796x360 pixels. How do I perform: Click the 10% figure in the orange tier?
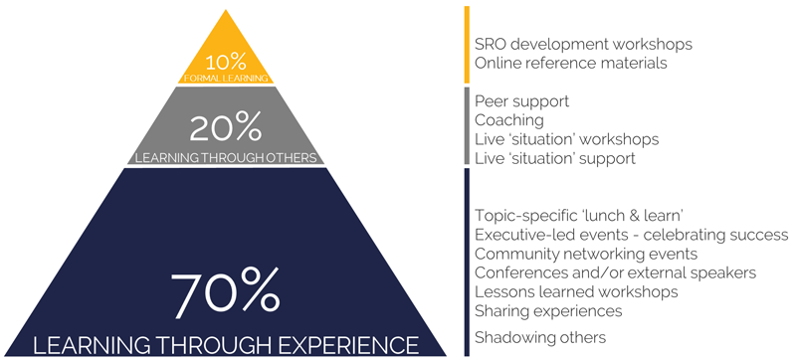pos(227,59)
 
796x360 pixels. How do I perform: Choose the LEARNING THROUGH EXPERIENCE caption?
pos(226,345)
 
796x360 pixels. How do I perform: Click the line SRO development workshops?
pos(583,45)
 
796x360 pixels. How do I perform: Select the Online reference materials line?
pos(570,64)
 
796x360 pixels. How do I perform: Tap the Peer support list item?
pos(521,101)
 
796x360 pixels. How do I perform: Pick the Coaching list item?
pos(509,120)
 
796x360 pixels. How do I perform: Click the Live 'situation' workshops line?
pos(566,139)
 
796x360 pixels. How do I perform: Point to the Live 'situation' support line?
pos(554,158)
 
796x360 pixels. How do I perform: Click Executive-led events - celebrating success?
pos(631,235)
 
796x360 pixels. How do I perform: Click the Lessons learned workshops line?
pos(576,291)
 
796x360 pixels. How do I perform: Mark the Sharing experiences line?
pos(548,310)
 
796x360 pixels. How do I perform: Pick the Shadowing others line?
pos(540,338)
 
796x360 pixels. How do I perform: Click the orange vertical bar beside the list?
pos(466,45)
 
